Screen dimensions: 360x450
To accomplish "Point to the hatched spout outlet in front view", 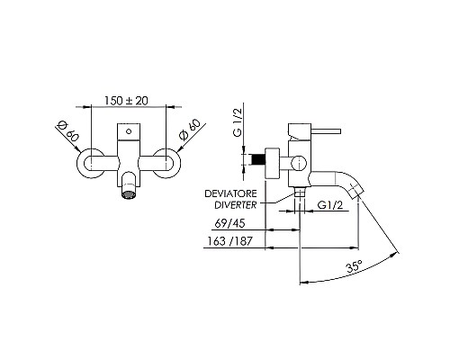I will pos(130,192).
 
